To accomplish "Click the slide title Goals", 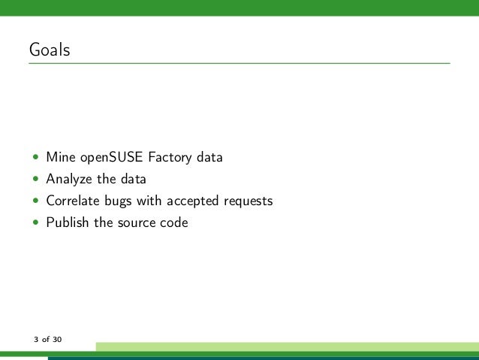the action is click(x=50, y=51).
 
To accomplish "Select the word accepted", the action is click(x=194, y=201).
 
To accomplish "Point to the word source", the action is click(x=136, y=222).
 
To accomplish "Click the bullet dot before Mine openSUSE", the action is click(x=35, y=159).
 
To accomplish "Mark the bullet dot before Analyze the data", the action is click(x=35, y=180).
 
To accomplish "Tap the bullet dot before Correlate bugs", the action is click(x=35, y=201).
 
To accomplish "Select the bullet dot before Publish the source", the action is click(x=35, y=222).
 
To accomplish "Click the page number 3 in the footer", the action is click(x=35, y=340).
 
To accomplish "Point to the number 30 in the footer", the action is click(x=58, y=340).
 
